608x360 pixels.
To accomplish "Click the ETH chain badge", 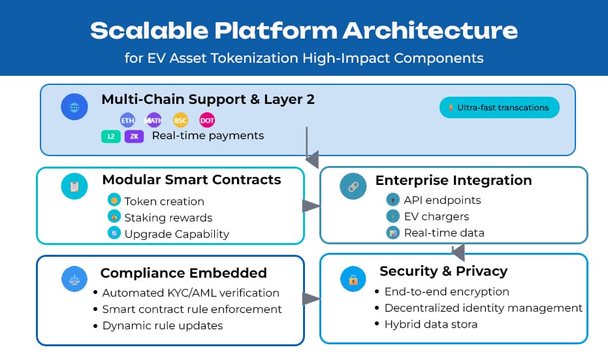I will coord(127,120).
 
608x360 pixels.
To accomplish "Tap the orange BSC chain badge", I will coord(180,120).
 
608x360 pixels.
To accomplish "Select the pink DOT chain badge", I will coord(207,120).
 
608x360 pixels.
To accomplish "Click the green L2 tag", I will coord(111,137).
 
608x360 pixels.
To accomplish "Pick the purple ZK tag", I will coord(134,137).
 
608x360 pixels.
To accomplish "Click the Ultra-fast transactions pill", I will coord(500,107).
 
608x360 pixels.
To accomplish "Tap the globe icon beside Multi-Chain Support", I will coord(74,106).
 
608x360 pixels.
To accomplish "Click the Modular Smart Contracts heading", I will coord(191,180).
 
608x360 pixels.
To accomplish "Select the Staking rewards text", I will coord(168,218).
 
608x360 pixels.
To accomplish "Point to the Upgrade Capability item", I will coord(176,233).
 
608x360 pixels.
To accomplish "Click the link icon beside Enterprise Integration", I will coord(353,186).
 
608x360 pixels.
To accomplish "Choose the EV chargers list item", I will coord(436,216).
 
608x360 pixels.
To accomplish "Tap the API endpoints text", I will coord(442,200).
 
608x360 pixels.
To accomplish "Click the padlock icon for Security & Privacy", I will coord(353,280).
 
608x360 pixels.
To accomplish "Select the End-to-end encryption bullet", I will coord(447,291).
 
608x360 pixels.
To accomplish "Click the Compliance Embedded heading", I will coord(184,273).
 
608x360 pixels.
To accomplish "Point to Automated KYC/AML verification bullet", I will coord(191,293).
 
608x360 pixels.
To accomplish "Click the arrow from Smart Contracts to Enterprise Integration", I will coord(311,206).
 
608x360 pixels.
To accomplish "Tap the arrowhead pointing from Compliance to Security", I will coord(311,299).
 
